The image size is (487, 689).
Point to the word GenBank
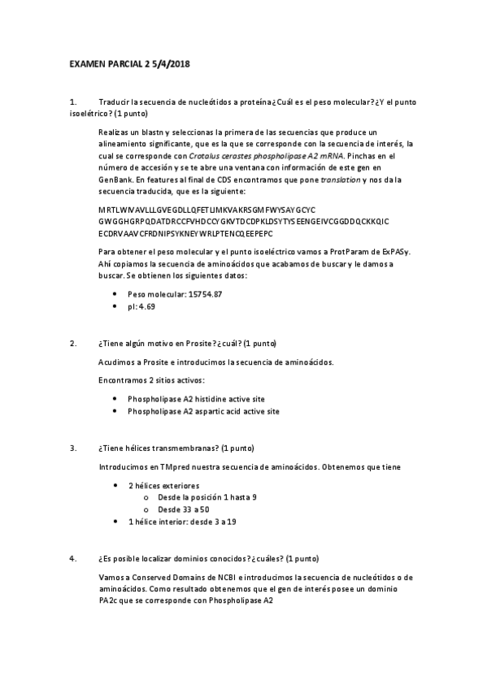point(115,179)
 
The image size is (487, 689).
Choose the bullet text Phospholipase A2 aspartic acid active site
point(203,411)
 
